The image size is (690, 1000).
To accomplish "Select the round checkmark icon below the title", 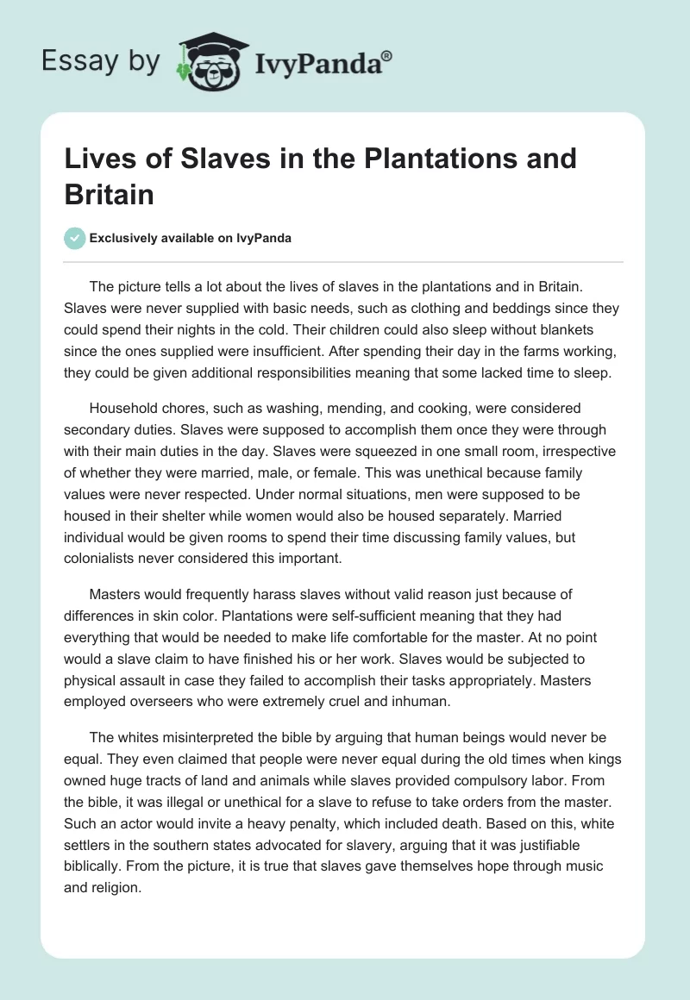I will [x=75, y=239].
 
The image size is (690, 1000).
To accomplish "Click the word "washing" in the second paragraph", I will [x=273, y=408].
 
